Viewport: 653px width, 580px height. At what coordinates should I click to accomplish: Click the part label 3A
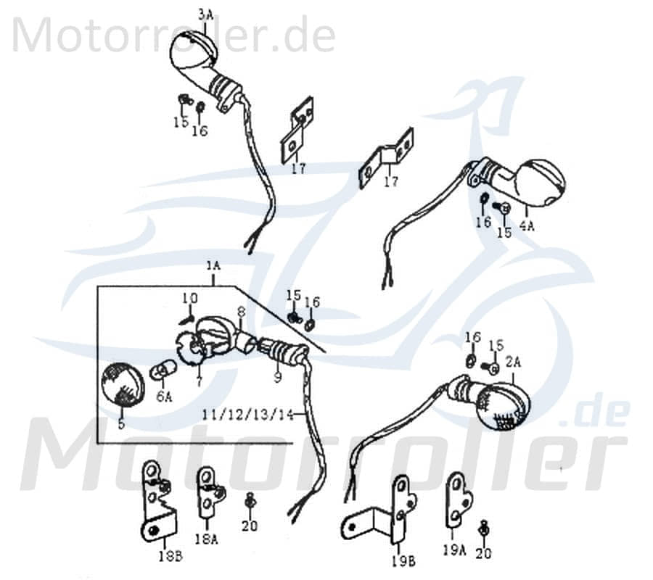click(x=186, y=14)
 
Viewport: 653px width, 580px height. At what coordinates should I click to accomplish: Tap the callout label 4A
click(x=525, y=225)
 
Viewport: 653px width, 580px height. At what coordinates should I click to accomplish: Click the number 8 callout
click(x=240, y=313)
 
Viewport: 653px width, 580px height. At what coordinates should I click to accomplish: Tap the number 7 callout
click(x=198, y=382)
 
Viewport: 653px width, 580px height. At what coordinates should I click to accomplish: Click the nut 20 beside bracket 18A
click(x=250, y=501)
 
